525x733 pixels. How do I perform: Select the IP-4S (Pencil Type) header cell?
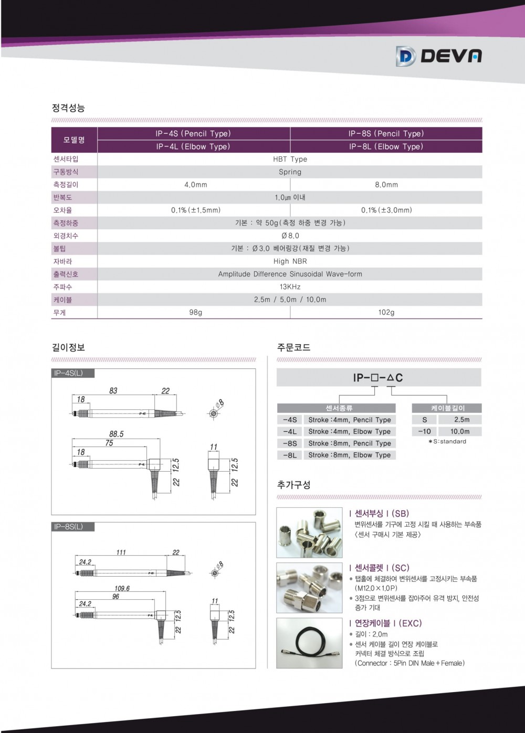193,134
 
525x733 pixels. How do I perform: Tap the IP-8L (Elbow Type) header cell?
386,147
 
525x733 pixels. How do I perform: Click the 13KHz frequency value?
290,287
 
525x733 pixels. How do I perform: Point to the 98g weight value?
195,312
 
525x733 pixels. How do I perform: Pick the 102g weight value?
386,312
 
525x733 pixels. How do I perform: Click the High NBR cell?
290,261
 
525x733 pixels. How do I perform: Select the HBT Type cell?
290,159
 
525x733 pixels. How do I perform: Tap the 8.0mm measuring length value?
386,185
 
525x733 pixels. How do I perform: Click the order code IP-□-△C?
378,378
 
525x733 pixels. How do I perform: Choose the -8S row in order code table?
289,443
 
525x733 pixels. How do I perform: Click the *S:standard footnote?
447,442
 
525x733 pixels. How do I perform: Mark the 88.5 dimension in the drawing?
116,434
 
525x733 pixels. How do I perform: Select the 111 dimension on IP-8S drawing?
121,553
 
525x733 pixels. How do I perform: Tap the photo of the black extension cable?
309,643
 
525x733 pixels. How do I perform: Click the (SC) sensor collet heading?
378,568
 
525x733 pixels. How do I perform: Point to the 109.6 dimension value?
122,589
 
